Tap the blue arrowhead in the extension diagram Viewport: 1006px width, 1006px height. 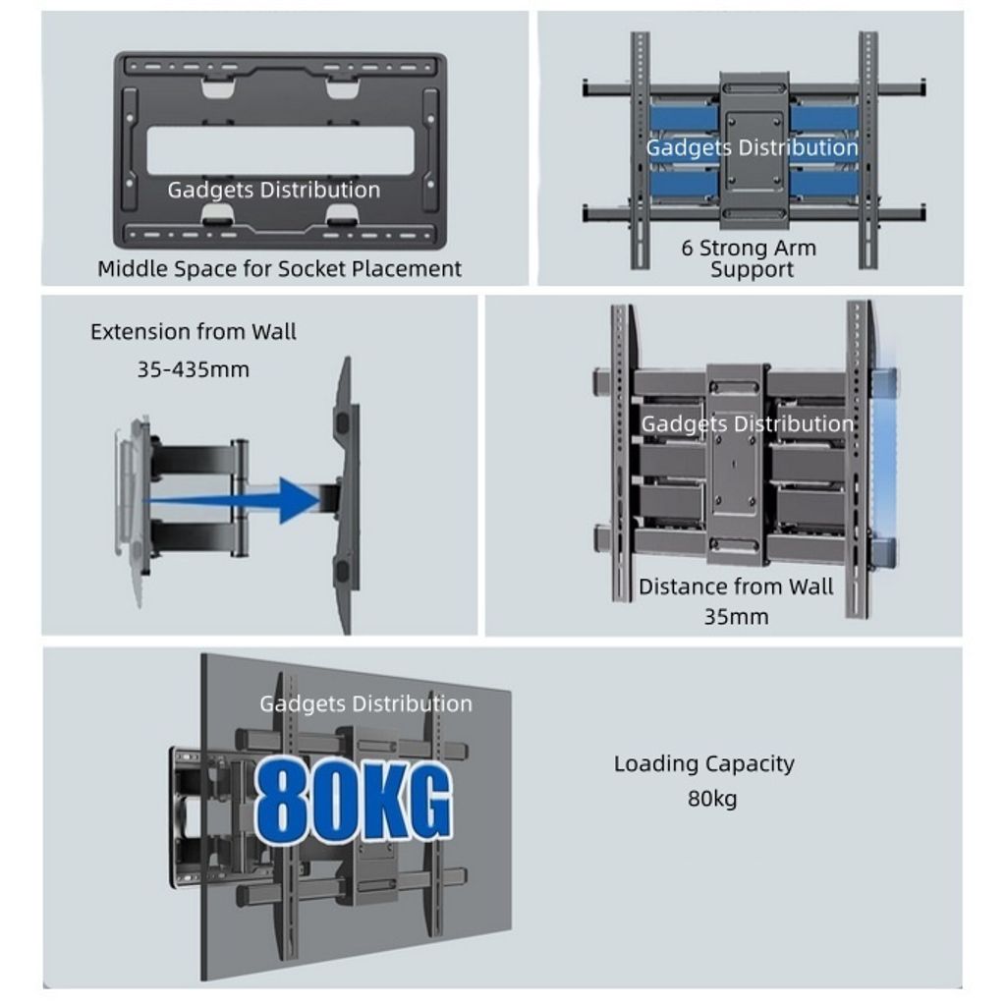[x=301, y=500]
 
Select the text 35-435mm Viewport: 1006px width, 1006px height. [x=194, y=369]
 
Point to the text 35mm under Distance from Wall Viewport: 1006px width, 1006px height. [x=736, y=617]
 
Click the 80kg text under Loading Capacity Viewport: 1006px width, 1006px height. [x=712, y=799]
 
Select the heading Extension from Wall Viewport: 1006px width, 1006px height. [x=194, y=332]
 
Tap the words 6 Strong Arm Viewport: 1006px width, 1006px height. [x=749, y=248]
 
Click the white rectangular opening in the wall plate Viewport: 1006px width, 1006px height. [x=280, y=150]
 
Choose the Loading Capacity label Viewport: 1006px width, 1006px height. [x=703, y=763]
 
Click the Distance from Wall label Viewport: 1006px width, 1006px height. [x=736, y=587]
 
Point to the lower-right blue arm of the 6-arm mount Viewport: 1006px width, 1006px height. [x=824, y=183]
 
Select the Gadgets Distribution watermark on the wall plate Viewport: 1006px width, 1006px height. [x=274, y=190]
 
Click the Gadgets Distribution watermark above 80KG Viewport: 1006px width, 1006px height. [x=365, y=703]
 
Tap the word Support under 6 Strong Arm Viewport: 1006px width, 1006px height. [x=752, y=269]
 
